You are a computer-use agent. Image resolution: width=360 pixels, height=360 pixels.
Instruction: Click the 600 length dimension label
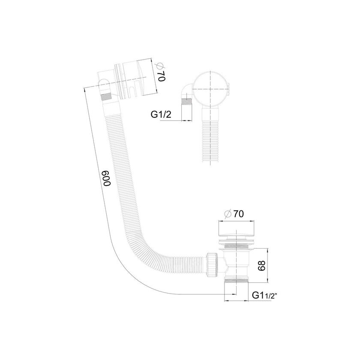107,178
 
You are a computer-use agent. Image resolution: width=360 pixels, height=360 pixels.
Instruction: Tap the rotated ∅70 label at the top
161,72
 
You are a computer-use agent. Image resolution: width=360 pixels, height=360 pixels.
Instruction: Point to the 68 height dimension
262,266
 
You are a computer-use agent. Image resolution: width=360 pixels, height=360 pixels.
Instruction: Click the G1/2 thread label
161,114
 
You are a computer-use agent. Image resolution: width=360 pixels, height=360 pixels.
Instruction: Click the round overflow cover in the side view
210,89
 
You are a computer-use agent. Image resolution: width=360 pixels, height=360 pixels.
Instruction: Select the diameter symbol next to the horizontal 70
228,214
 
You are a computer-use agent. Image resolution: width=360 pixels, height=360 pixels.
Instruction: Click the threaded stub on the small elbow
186,101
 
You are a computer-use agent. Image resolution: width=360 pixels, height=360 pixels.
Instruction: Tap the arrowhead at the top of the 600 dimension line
85,90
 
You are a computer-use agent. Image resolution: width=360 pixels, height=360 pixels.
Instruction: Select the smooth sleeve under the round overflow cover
210,114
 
